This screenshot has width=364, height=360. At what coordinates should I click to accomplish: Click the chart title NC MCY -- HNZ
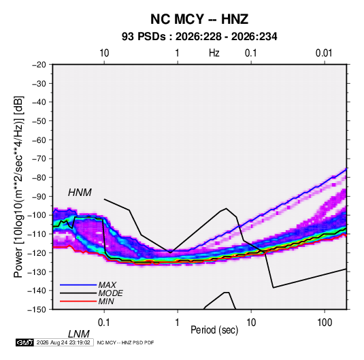199,19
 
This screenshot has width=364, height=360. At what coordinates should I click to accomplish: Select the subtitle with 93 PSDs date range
199,37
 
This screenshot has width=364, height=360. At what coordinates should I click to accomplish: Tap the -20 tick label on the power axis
39,65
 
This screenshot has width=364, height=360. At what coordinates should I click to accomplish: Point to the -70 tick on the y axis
39,159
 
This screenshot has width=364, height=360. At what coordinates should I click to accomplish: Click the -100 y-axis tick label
37,215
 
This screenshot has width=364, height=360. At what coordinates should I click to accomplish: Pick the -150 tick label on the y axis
37,310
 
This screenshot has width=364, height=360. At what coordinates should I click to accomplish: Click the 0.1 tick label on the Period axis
104,323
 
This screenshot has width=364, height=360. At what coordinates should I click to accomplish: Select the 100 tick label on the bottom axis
325,323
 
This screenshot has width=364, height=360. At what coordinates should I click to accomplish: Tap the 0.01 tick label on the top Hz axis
324,53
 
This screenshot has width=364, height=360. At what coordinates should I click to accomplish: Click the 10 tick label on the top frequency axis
104,53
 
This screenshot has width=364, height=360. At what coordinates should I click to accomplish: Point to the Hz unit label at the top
214,53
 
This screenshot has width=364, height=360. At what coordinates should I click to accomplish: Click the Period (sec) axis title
214,330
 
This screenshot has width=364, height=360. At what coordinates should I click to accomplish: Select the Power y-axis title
18,186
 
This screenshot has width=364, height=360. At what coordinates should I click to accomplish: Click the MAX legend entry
107,284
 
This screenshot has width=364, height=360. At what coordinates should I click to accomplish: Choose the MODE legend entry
110,293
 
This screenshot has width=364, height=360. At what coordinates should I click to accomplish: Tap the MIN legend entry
106,301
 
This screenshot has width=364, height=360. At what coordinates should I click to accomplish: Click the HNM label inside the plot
80,193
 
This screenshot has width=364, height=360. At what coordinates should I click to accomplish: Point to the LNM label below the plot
78,334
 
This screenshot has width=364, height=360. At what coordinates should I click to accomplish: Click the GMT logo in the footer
24,342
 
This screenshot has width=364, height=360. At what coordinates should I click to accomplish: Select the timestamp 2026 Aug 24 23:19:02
63,342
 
